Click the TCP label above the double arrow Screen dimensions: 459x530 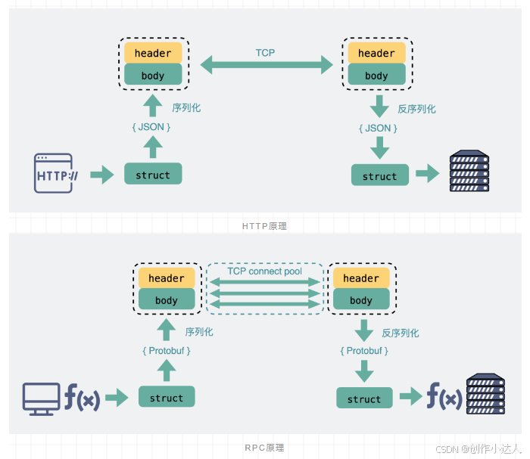click(265, 53)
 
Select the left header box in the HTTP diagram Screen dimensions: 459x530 click(153, 53)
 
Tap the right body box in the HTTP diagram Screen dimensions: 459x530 click(376, 76)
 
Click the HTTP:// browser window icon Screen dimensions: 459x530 click(54, 174)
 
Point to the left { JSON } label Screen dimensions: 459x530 click(152, 127)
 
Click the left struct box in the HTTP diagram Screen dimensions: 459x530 click(153, 175)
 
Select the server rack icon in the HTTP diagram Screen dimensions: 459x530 click(469, 172)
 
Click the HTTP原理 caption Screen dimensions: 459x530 click(264, 225)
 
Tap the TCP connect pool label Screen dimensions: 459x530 click(265, 271)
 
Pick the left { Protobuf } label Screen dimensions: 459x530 click(166, 351)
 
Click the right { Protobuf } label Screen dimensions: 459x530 click(364, 351)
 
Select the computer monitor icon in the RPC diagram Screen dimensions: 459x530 click(41, 398)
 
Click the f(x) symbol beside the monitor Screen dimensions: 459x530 click(81, 398)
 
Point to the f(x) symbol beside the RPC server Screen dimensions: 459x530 click(444, 396)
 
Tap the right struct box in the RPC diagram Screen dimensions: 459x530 click(364, 399)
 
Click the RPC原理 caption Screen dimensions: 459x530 click(264, 448)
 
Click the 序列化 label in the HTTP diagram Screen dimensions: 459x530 click(186, 108)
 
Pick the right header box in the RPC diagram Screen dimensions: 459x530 click(361, 278)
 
